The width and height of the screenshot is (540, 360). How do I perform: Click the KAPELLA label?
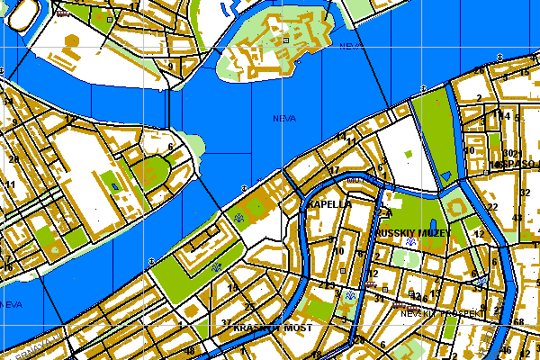[x=328, y=204]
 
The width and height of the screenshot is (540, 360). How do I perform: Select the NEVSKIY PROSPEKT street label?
[x=436, y=314]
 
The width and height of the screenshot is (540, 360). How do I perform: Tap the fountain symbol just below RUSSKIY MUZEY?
[x=411, y=243]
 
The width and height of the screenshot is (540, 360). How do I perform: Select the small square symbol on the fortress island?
[x=286, y=40]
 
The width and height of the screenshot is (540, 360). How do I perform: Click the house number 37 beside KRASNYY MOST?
[x=225, y=322]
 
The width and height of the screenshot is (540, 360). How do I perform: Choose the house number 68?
[x=518, y=322]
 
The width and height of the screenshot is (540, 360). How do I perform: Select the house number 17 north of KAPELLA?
[x=334, y=171]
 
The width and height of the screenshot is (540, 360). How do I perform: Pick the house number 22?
[x=492, y=207]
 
